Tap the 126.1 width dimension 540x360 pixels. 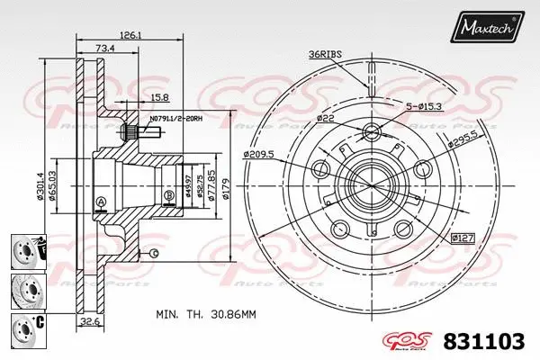tap(132, 35)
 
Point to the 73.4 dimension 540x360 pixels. tap(104, 48)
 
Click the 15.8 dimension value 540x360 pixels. tap(159, 97)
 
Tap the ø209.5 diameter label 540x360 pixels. tap(257, 155)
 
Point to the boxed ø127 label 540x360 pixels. tap(463, 238)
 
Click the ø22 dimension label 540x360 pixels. tap(326, 118)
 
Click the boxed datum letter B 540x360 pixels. tap(168, 194)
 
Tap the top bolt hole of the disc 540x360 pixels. tap(370, 135)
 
